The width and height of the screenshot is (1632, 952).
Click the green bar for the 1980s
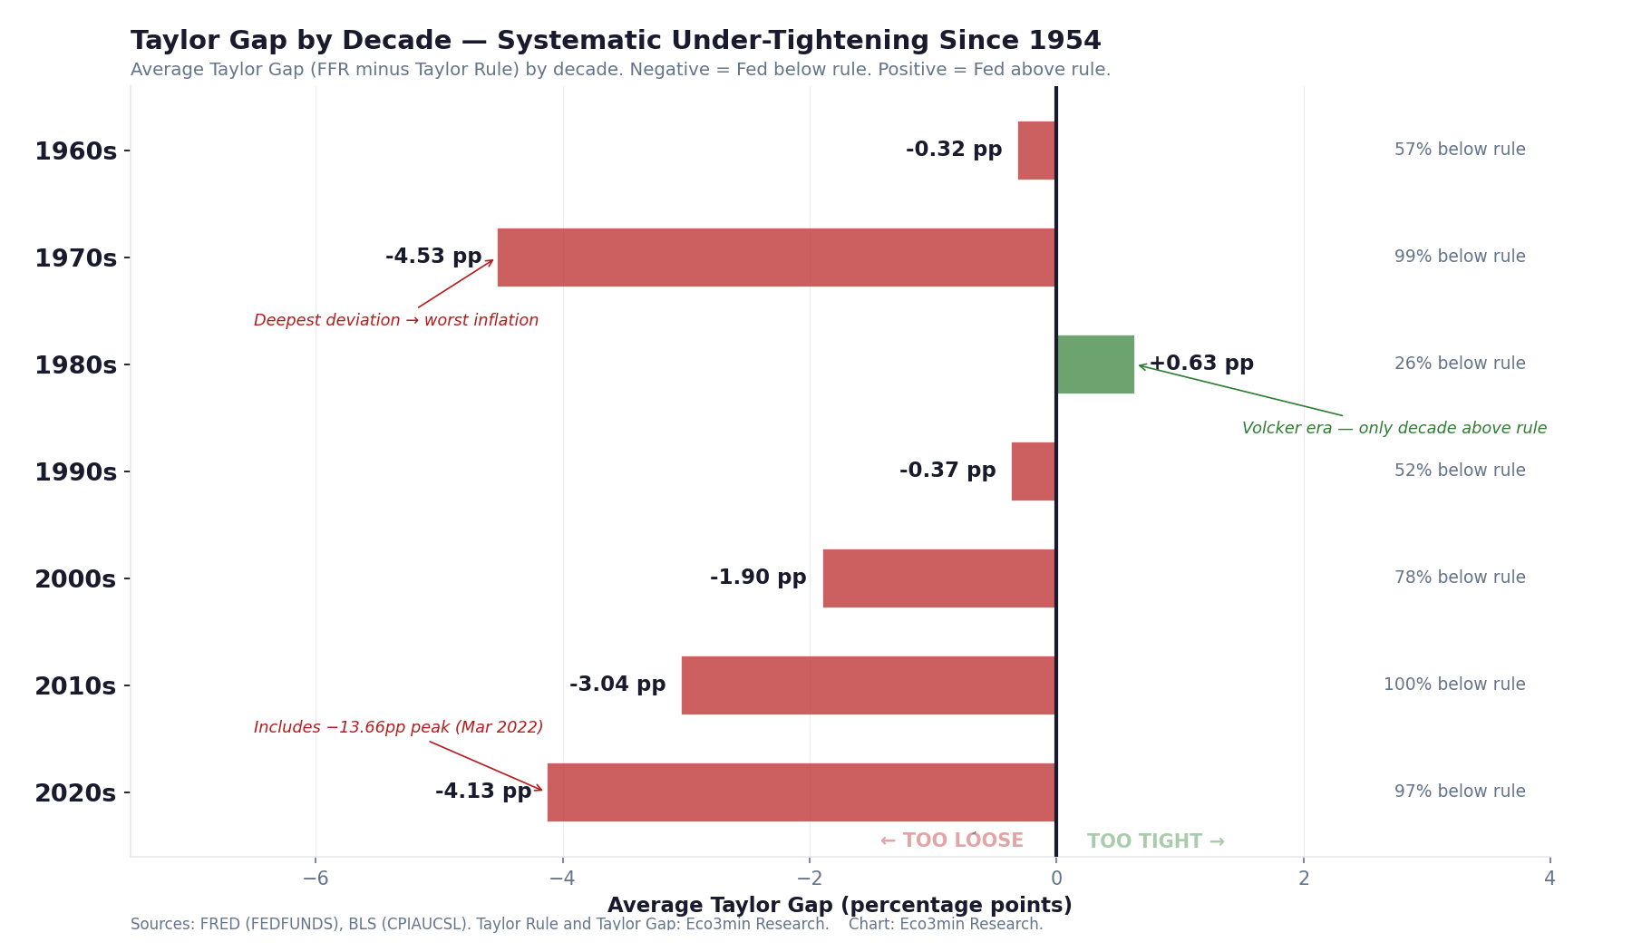point(1095,364)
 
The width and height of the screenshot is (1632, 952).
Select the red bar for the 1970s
point(776,257)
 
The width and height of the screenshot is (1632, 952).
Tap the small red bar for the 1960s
point(1036,151)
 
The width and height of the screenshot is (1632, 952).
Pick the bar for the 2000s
point(939,578)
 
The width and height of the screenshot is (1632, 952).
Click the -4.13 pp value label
point(483,792)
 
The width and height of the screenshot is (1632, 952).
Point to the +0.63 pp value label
point(1201,364)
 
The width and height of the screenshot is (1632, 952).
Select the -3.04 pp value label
point(617,685)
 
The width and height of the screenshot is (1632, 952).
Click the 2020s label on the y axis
point(75,793)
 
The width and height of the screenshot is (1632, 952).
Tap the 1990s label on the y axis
point(75,472)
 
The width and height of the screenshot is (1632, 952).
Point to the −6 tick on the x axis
point(316,879)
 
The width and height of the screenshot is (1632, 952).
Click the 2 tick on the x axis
point(1303,879)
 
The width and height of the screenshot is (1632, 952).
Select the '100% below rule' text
point(1454,685)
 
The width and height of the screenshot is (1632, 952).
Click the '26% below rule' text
point(1460,364)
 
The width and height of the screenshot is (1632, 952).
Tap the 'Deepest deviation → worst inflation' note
point(396,321)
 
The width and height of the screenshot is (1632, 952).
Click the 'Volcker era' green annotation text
point(1394,429)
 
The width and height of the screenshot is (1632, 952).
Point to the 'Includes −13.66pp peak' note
point(398,728)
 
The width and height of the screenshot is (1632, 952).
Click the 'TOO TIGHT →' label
point(1155,841)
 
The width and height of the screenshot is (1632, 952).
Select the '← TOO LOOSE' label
point(951,841)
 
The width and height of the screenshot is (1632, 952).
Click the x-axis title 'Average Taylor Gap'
point(839,906)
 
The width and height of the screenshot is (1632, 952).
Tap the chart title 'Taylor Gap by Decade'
point(615,41)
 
